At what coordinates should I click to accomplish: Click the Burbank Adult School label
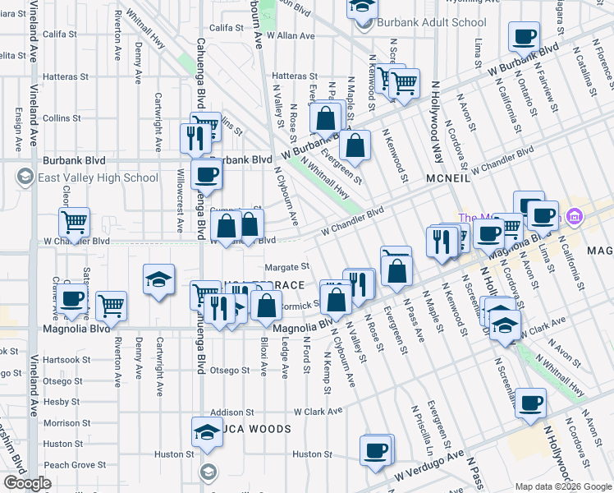coord(419,22)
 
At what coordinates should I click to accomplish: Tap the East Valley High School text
coord(97,177)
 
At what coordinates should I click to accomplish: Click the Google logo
coord(26,483)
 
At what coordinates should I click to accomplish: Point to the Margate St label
coord(286,266)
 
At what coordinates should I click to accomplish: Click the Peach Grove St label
coord(71,465)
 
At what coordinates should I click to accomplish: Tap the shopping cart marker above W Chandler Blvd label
coord(74,221)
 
